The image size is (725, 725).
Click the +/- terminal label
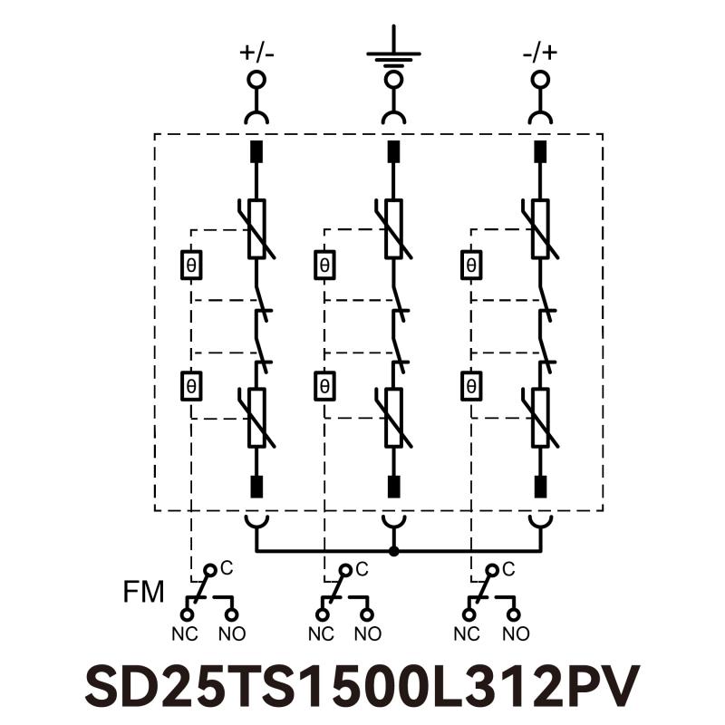coord(256,52)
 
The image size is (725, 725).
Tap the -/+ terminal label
coord(540,52)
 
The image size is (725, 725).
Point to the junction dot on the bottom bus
coord(393,551)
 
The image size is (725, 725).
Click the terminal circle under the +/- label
coord(256,80)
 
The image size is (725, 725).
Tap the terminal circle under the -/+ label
coord(540,80)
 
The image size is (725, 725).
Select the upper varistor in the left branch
coord(256,228)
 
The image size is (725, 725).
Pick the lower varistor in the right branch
coord(540,418)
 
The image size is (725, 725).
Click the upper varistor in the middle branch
coord(393,228)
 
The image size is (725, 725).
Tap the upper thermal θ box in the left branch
coord(191,266)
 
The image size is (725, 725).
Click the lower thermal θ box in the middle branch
coord(324,386)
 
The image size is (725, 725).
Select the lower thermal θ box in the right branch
coord(470,386)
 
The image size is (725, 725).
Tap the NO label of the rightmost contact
coord(517,633)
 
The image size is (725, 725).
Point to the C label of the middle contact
coord(362,569)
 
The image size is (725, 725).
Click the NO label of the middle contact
coord(368,633)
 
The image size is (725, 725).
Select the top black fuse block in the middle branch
coord(393,151)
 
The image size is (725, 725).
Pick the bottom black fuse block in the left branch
coord(256,487)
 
